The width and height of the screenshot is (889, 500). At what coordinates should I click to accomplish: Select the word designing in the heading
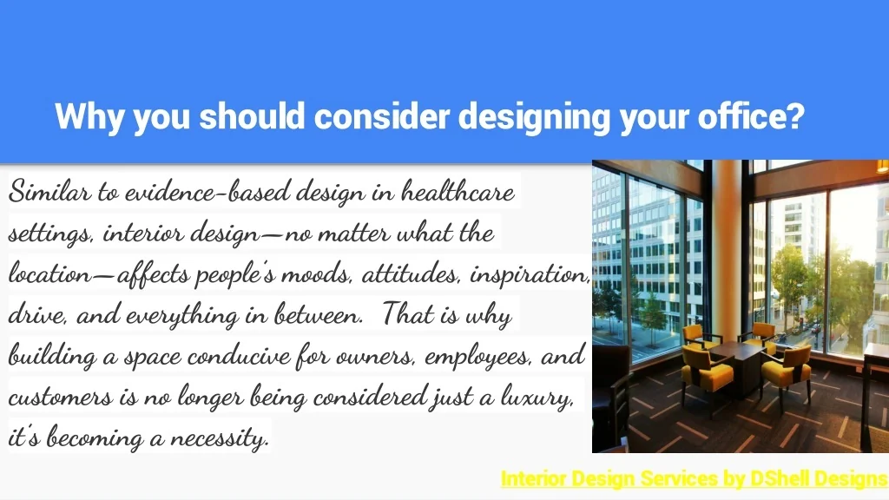[534, 117]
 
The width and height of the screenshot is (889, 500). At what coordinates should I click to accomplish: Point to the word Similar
[49, 191]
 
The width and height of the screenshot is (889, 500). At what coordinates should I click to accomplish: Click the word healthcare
[458, 191]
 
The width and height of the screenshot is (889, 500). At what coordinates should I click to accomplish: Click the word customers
[60, 397]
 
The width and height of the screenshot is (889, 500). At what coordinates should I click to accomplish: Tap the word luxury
[537, 398]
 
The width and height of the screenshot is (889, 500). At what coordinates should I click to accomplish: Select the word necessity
[220, 438]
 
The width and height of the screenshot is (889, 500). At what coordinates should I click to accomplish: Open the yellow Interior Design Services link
[695, 479]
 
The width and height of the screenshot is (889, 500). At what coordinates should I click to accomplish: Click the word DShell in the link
[780, 478]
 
